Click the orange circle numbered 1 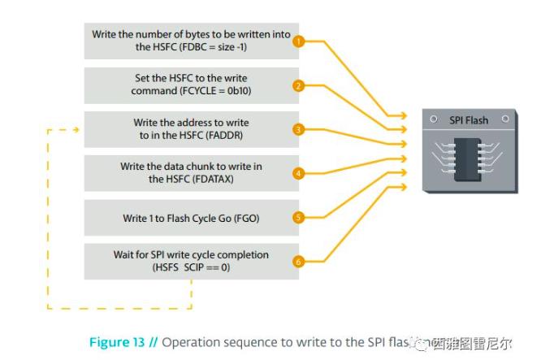[298, 41]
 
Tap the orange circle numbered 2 [298, 85]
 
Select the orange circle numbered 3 [298, 129]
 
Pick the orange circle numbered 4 [298, 173]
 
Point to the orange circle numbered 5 [298, 217]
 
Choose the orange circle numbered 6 [298, 261]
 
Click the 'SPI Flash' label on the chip [469, 120]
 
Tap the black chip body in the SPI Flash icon [469, 155]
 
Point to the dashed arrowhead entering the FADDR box [76, 128]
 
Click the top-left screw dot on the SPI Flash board [433, 119]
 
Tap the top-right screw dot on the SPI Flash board [505, 119]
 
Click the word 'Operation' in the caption [189, 342]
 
